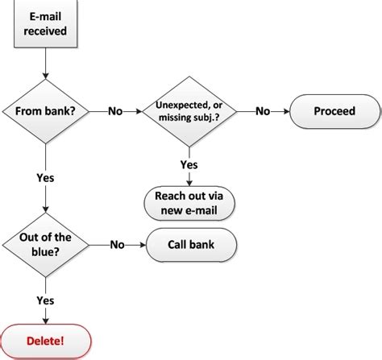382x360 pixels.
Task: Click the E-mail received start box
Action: pos(47,24)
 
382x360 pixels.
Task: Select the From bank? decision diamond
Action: pos(47,111)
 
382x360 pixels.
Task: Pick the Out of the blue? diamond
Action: pos(47,243)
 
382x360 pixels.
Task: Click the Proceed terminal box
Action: pos(334,111)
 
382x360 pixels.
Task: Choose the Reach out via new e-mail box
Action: pos(189,204)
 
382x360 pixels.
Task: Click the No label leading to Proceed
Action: pos(263,111)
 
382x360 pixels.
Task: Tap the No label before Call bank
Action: pos(118,243)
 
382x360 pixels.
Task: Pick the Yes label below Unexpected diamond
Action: pos(189,164)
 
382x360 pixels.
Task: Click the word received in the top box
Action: pos(47,32)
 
